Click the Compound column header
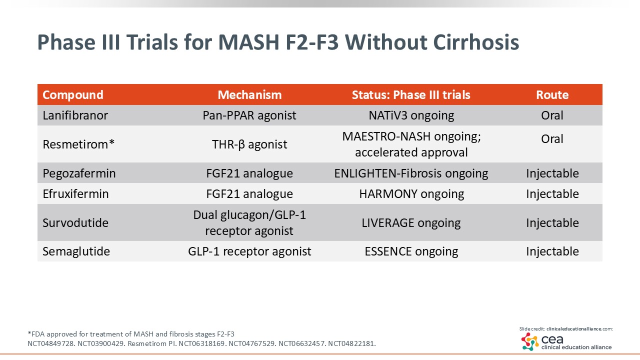tap(73, 95)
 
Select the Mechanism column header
tap(249, 95)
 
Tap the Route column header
tap(552, 95)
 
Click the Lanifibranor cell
tap(75, 115)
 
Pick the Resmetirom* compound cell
tap(78, 144)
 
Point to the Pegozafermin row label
tap(79, 173)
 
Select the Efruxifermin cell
tap(75, 194)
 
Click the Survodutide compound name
tap(75, 222)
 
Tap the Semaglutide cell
tap(76, 251)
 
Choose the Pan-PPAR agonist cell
tap(249, 115)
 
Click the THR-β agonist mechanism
tap(249, 144)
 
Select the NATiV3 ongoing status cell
tap(411, 115)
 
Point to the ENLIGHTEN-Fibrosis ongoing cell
tap(411, 173)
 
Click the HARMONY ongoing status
tap(411, 194)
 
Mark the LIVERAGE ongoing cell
tap(411, 222)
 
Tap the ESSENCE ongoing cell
tap(411, 251)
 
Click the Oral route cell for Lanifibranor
tap(552, 115)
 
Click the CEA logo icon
tap(530, 341)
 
